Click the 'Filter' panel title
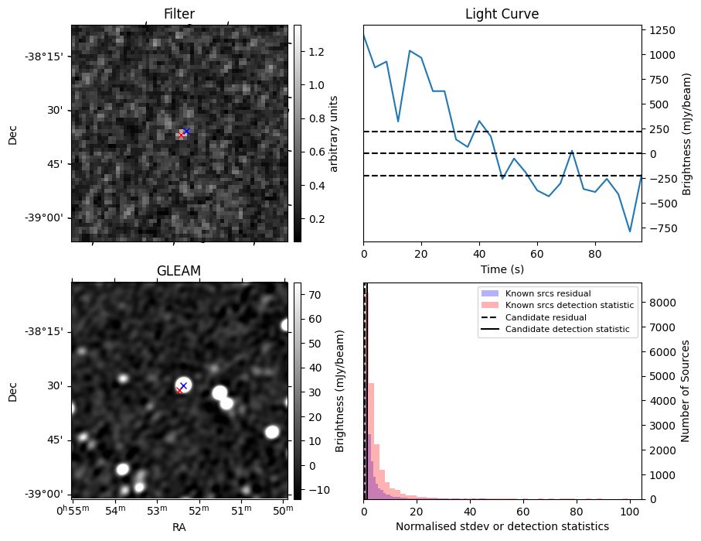(x=179, y=14)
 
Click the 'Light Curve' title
(x=502, y=14)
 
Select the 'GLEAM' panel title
(x=179, y=270)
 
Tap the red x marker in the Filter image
(x=181, y=135)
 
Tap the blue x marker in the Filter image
(x=186, y=131)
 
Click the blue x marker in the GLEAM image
(x=183, y=385)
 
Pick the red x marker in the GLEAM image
(x=179, y=391)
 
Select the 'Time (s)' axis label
(x=502, y=269)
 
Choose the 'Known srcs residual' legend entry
(x=547, y=294)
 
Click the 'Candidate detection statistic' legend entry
(x=567, y=330)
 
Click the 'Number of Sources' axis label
(x=686, y=391)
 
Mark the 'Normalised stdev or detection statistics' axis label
(x=502, y=526)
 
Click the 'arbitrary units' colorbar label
(x=334, y=133)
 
